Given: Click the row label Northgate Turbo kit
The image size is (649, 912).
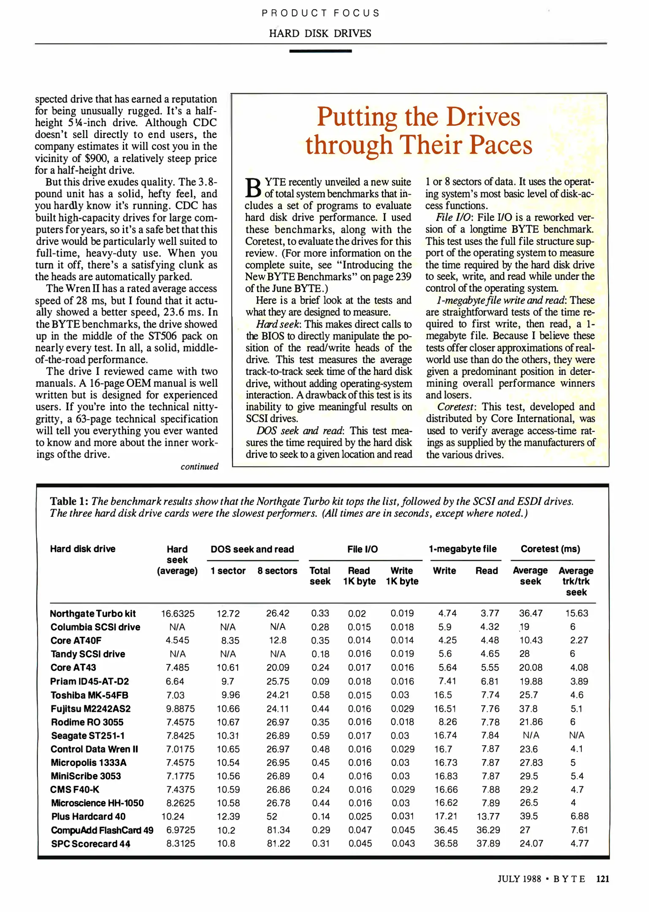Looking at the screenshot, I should pyautogui.click(x=93, y=613).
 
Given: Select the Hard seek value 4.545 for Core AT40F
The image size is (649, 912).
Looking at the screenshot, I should pyautogui.click(x=177, y=641).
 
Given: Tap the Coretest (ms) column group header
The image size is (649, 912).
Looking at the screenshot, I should pyautogui.click(x=550, y=549).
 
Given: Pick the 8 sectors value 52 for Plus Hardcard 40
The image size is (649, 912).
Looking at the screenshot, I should pyautogui.click(x=272, y=817).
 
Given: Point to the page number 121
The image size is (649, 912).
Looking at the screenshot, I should pyautogui.click(x=603, y=879).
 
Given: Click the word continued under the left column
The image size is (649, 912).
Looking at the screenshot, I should pyautogui.click(x=199, y=467).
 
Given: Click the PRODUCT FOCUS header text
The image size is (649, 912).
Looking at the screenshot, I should pyautogui.click(x=320, y=13).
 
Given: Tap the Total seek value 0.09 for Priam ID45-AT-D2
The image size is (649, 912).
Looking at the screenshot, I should pyautogui.click(x=320, y=681).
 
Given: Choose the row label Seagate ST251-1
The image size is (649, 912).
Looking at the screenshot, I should pyautogui.click(x=88, y=736).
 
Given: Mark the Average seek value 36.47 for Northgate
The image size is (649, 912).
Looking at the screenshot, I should pyautogui.click(x=531, y=613).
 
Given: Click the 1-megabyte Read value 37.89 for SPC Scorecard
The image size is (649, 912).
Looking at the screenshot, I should pyautogui.click(x=488, y=844).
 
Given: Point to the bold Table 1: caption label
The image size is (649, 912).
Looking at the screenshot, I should pyautogui.click(x=69, y=501).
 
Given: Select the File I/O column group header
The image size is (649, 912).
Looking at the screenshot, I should pyautogui.click(x=362, y=549).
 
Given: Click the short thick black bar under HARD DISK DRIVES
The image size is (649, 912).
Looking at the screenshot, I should pyautogui.click(x=320, y=51).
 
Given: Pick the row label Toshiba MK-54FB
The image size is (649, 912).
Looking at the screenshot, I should pyautogui.click(x=89, y=695).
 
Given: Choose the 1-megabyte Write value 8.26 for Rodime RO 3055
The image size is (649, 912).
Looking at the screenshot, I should pyautogui.click(x=445, y=722).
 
